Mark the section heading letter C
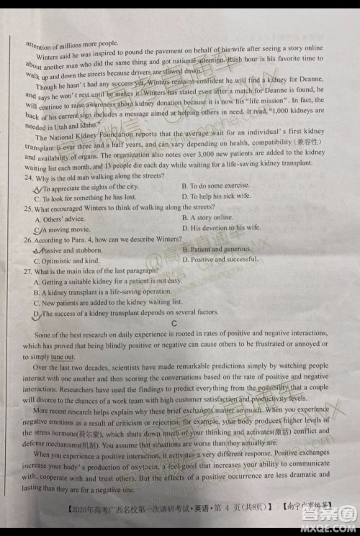click(174, 324)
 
